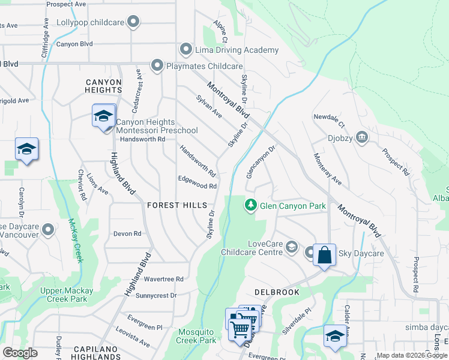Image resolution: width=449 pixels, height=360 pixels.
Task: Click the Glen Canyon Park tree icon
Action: [x=251, y=206]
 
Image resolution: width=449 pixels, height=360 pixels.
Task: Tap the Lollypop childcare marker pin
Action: [x=133, y=23]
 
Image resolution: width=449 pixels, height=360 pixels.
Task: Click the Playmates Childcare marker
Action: [x=157, y=65]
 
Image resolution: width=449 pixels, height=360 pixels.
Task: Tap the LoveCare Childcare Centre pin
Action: [x=292, y=247]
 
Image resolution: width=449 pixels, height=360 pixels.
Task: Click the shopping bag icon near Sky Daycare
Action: [x=324, y=255]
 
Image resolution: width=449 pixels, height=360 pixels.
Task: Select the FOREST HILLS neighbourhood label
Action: [x=177, y=205]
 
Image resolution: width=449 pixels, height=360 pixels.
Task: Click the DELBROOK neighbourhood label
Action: [x=277, y=292]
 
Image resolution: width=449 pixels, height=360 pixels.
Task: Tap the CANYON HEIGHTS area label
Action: [x=103, y=86]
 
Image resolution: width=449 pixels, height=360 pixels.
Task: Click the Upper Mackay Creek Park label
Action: [x=66, y=295]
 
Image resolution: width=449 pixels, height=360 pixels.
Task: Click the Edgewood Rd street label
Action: [x=197, y=186]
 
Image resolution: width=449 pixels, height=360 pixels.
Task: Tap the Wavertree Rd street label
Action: [x=163, y=279]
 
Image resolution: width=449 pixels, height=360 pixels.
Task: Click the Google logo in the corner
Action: [x=20, y=353]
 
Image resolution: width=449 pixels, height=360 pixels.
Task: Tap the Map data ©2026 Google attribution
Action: [x=411, y=355]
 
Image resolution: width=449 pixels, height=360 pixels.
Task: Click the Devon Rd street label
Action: [x=127, y=233]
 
